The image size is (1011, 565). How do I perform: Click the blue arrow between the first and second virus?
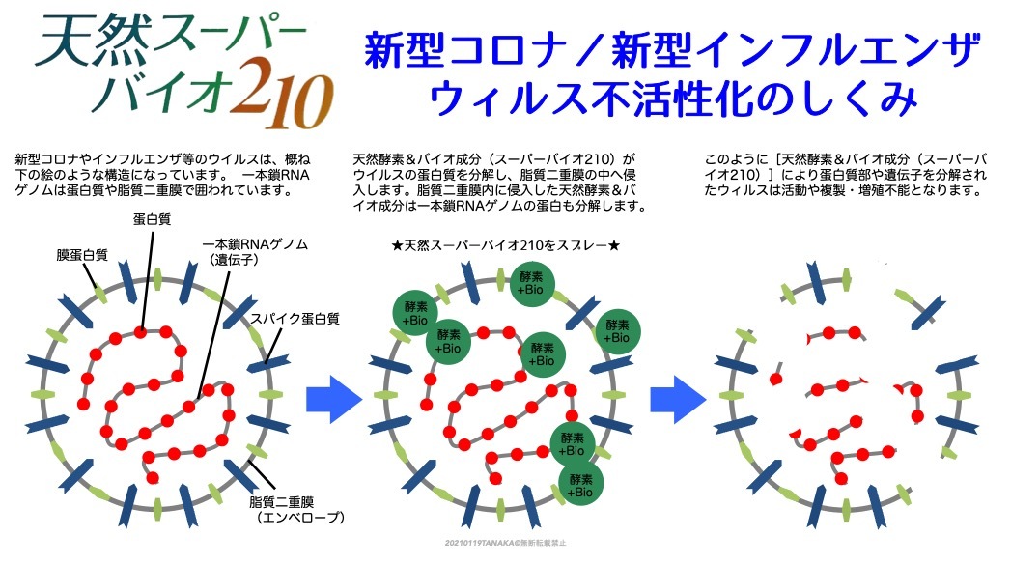point(333,398)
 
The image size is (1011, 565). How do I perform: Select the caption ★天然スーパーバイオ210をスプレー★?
point(505,246)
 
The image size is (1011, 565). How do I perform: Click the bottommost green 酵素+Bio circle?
point(580,486)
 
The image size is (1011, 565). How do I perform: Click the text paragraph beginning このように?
point(844,174)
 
